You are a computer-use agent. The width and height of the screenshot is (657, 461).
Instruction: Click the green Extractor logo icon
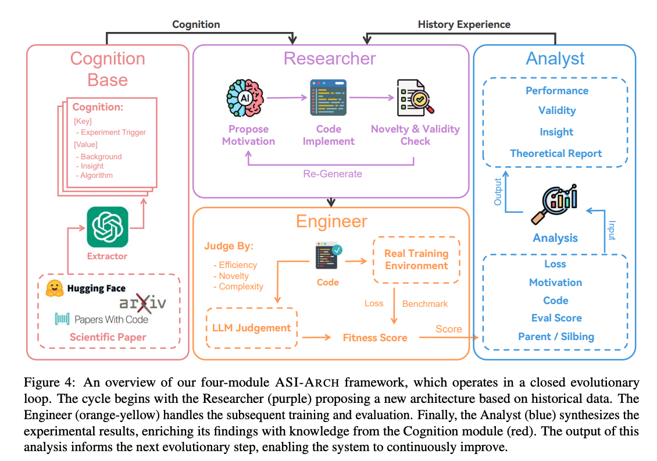pyautogui.click(x=107, y=227)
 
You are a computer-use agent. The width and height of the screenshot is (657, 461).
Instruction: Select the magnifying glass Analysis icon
pyautogui.click(x=555, y=205)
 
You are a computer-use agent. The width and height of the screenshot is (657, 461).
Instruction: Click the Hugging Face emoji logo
pyautogui.click(x=55, y=288)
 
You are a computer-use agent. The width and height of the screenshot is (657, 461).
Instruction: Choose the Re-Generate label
pyautogui.click(x=333, y=173)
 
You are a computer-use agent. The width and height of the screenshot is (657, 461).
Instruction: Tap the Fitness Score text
pyautogui.click(x=375, y=337)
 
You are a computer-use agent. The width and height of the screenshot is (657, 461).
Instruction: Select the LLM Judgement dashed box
pyautogui.click(x=252, y=328)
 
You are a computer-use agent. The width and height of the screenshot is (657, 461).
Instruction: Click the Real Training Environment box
pyautogui.click(x=416, y=260)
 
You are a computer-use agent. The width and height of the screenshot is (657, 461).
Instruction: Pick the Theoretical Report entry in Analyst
pyautogui.click(x=556, y=153)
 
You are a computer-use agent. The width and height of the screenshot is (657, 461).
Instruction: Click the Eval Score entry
pyautogui.click(x=556, y=318)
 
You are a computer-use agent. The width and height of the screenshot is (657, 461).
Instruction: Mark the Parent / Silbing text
pyautogui.click(x=556, y=337)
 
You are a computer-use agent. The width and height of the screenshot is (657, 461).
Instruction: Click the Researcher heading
pyautogui.click(x=330, y=59)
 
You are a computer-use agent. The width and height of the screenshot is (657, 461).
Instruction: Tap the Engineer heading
pyautogui.click(x=331, y=221)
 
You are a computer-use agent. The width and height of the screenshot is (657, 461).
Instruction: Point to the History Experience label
pyautogui.click(x=464, y=24)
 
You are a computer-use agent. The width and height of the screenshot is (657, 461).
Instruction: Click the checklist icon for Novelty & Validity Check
pyautogui.click(x=415, y=98)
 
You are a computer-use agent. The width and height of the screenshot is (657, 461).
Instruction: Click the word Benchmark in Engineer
pyautogui.click(x=425, y=303)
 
